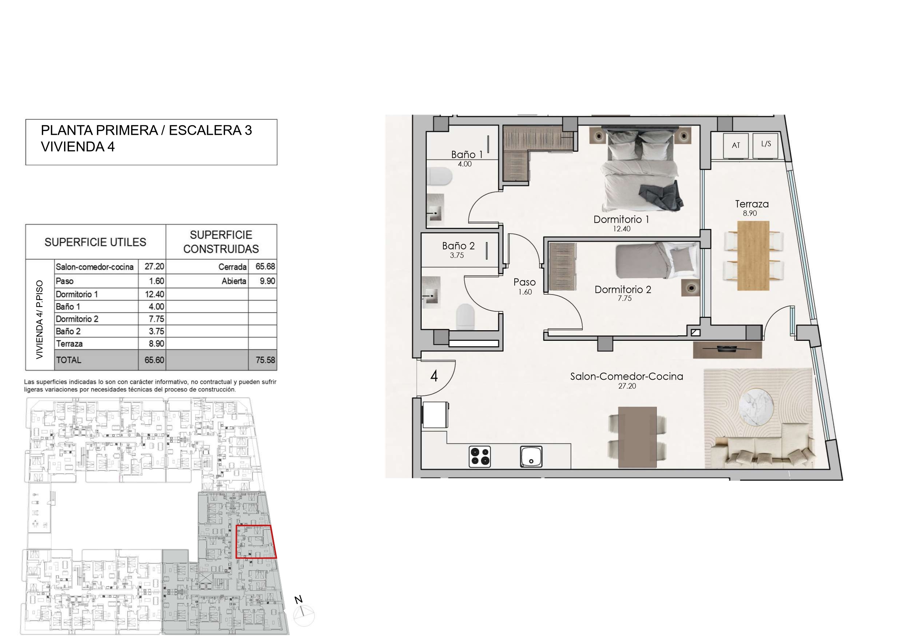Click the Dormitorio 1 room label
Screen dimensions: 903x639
(621, 220)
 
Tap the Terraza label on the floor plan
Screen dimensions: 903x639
(752, 204)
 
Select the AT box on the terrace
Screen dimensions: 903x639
(736, 146)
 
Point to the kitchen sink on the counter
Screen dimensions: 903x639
(531, 457)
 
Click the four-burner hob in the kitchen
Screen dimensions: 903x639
(480, 457)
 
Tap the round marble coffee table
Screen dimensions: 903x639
(756, 408)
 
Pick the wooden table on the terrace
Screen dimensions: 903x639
(753, 256)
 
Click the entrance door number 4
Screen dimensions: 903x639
(434, 376)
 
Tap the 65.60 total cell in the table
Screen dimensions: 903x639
(154, 360)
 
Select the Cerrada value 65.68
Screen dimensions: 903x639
(265, 267)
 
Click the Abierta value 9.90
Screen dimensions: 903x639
(268, 281)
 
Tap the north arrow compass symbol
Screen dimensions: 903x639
(304, 614)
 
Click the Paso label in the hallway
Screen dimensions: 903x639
(524, 282)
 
